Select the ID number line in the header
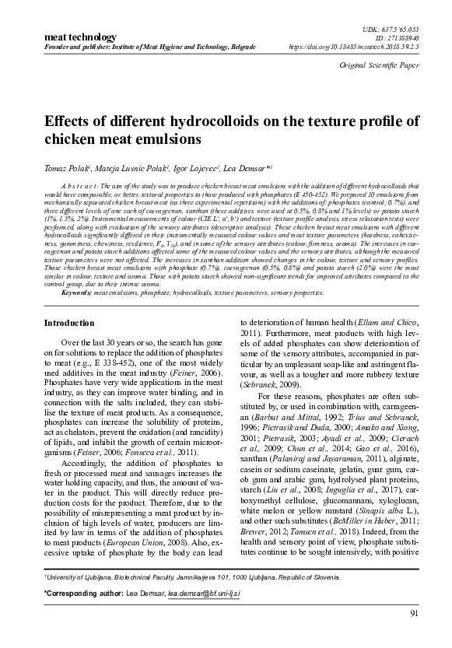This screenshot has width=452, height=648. point(401,37)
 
